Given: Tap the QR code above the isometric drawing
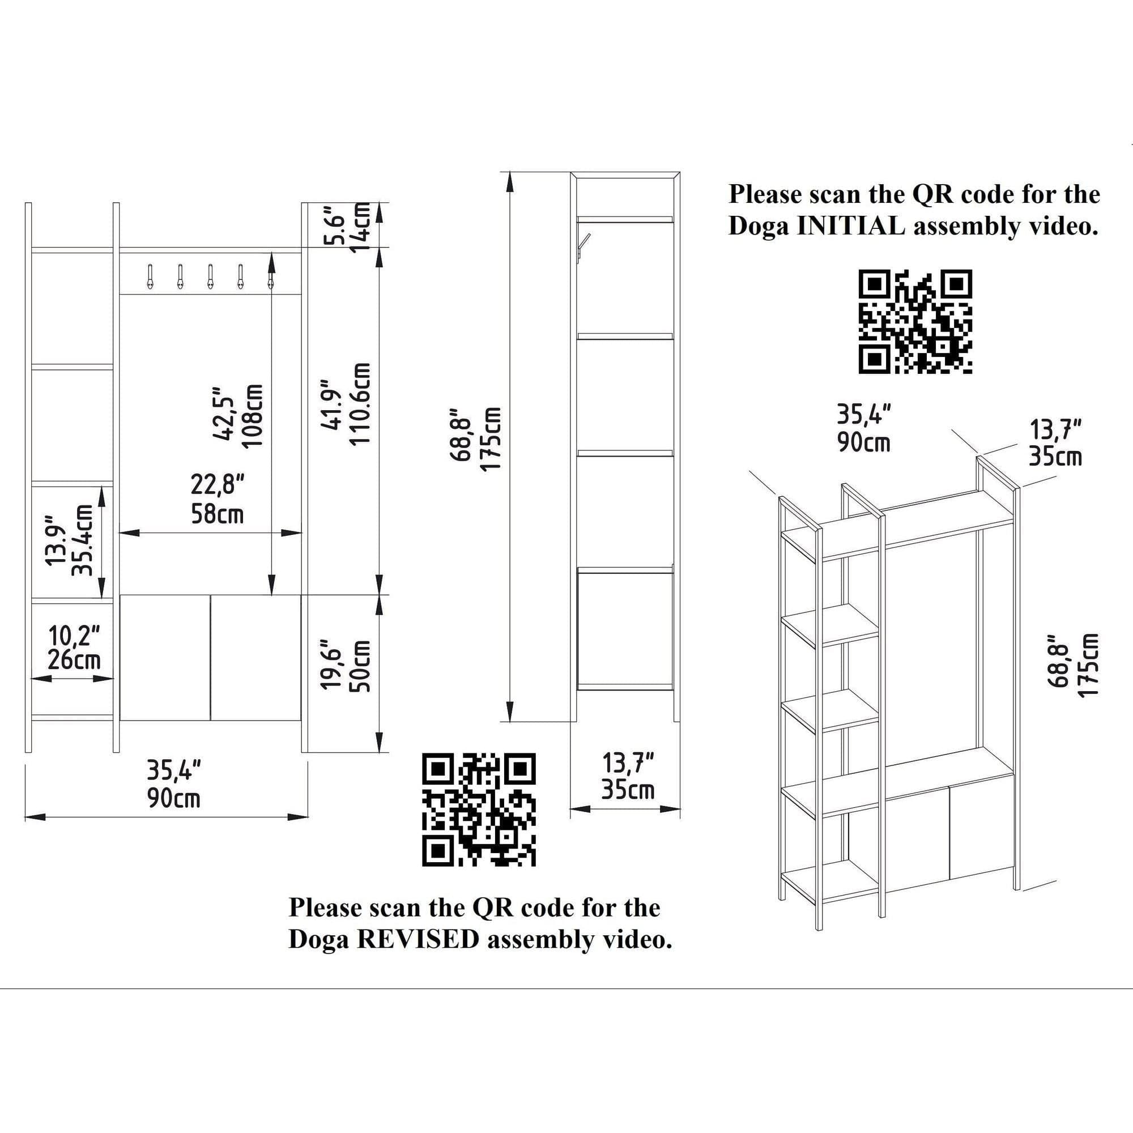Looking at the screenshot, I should click(915, 321).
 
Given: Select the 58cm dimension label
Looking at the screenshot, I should click(217, 515).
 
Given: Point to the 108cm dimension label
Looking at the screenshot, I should click(254, 418).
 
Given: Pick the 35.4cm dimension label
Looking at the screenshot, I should click(82, 539).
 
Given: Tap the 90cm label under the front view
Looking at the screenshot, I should click(173, 799).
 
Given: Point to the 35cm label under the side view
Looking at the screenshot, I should click(628, 790).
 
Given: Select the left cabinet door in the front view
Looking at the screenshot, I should click(165, 657).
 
